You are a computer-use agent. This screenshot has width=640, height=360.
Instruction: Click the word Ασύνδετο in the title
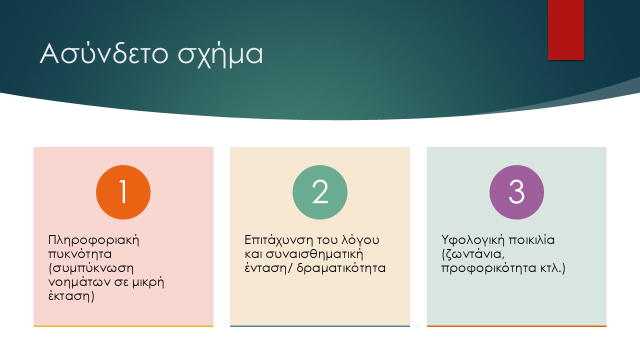[x=104, y=53]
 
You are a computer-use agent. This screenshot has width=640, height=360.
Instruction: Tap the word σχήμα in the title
[x=220, y=55]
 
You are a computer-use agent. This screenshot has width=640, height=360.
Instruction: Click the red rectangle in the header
[x=565, y=29]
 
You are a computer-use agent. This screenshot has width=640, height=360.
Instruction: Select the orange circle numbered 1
[x=123, y=192]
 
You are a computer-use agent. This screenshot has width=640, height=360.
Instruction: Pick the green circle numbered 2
[x=319, y=192]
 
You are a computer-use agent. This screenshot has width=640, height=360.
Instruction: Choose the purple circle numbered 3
[x=516, y=192]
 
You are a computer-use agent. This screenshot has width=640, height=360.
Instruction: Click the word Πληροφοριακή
[x=93, y=240]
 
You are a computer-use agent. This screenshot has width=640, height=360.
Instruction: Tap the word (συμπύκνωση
[x=91, y=268]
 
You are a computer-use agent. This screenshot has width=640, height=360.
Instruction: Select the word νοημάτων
[x=79, y=282]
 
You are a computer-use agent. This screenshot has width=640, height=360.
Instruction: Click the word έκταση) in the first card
[x=71, y=296]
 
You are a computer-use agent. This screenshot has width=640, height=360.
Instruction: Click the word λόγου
[x=360, y=240]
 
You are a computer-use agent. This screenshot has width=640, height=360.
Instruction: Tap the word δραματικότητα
[x=341, y=268]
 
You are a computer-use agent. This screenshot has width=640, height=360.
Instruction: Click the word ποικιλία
[x=532, y=240]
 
